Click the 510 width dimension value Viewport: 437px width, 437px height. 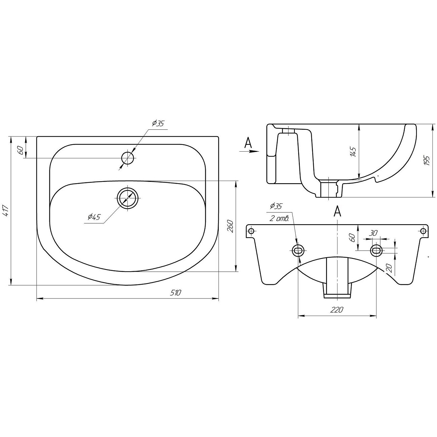(x=175, y=293)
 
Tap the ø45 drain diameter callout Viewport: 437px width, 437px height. (x=94, y=217)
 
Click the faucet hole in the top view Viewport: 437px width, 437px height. (x=128, y=158)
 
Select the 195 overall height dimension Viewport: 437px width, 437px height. (x=427, y=161)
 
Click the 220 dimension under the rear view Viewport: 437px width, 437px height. (x=337, y=310)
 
